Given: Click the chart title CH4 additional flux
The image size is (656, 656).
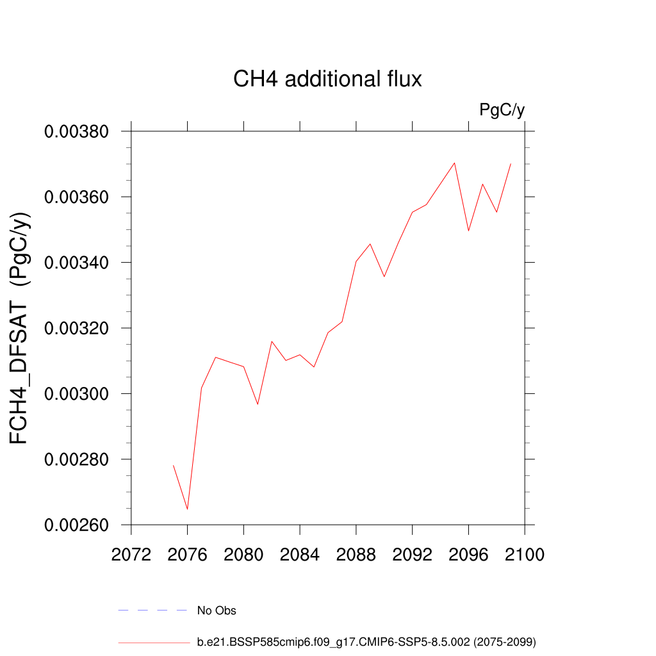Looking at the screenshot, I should click(327, 79).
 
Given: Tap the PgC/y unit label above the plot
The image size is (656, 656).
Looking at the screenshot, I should click(502, 110).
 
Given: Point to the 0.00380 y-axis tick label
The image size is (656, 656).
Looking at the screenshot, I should click(76, 132).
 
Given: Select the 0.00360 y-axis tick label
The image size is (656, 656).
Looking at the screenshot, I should click(76, 197).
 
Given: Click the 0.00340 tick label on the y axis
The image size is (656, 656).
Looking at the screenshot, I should click(76, 263).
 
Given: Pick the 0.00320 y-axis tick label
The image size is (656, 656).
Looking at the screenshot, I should click(76, 329).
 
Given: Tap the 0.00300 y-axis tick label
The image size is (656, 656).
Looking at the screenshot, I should click(76, 394).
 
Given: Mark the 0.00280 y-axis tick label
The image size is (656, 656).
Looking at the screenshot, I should click(76, 460).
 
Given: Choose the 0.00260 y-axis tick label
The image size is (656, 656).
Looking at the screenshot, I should click(76, 525).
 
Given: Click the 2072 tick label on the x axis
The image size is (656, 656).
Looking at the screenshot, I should click(131, 555).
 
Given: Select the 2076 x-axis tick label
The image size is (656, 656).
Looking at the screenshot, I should click(188, 555).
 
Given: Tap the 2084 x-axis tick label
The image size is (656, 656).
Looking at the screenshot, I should click(300, 555).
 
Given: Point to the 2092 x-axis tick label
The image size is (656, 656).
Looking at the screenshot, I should click(412, 555).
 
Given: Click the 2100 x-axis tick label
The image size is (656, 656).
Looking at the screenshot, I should click(525, 555).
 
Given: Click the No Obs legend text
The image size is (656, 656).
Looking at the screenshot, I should click(217, 611).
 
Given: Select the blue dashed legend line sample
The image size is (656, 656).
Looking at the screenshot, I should click(152, 611).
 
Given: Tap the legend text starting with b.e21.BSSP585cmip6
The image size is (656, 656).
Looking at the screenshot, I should click(366, 641).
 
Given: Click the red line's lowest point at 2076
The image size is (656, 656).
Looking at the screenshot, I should click(188, 509).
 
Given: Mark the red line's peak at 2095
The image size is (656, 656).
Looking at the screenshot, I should click(454, 163).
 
